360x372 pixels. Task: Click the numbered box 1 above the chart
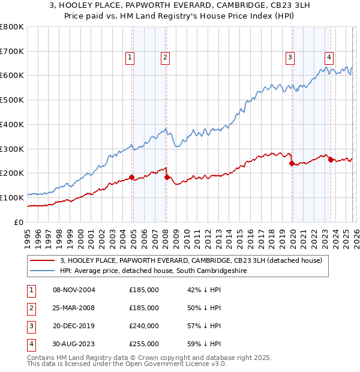coord(130,58)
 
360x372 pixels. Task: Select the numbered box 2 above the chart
coord(164,58)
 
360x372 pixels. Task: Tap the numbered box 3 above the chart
coord(290,58)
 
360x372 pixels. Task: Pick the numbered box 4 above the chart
coord(329,58)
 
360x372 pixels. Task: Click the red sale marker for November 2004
coord(131,177)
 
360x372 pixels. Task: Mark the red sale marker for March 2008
coord(167,177)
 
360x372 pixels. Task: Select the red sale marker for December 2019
coord(292,163)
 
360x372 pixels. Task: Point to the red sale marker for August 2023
coord(331,160)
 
